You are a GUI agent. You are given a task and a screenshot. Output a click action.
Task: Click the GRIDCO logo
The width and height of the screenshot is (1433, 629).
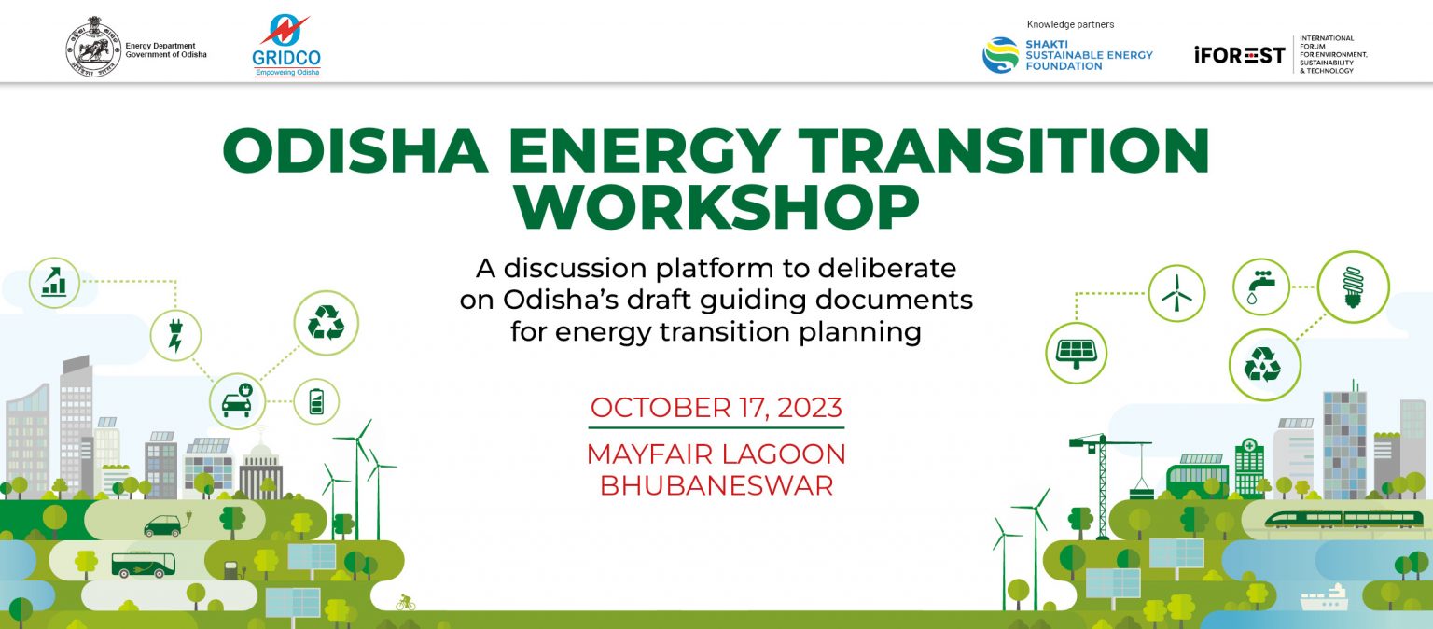pos(286,46)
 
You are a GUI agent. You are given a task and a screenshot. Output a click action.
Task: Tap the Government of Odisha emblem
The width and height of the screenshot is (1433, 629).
pos(93,47)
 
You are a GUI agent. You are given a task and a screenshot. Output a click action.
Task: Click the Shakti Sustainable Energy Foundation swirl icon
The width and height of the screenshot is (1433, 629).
pos(1000,55)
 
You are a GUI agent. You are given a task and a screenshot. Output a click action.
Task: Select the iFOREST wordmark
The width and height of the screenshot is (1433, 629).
pos(1239,55)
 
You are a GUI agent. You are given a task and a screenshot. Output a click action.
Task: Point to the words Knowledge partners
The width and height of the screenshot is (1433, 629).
pos(1070,24)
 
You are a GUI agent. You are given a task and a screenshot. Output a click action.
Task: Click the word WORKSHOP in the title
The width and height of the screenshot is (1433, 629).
pos(716,206)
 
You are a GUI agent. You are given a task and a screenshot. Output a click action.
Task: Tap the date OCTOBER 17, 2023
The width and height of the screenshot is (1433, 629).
pos(716,408)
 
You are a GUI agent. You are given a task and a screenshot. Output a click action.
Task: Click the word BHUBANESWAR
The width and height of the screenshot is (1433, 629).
pos(716,485)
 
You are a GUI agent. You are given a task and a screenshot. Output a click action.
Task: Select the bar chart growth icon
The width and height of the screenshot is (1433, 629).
pos(54,283)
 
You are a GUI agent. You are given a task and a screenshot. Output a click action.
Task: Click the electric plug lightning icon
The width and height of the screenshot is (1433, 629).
pos(175,336)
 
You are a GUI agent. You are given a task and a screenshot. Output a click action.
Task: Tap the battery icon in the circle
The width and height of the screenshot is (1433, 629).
pos(316,402)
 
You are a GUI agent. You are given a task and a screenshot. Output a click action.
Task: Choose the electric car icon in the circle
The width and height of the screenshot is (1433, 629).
pos(237,401)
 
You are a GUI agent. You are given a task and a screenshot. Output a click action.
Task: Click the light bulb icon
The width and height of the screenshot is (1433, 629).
pos(1353,287)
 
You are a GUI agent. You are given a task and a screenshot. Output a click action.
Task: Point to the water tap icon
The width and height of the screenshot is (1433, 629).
pos(1261,287)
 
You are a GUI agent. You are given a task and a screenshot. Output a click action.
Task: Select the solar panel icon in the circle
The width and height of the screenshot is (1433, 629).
pos(1076,353)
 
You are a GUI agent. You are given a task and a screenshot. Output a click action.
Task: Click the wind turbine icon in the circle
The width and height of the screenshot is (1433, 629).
pos(1176,293)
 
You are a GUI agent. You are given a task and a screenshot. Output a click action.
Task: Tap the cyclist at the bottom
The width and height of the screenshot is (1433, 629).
pos(405,602)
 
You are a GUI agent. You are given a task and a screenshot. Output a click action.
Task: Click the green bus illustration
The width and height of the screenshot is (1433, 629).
pos(144,564)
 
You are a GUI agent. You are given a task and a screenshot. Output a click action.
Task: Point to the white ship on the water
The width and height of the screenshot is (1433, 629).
pos(1324,599)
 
